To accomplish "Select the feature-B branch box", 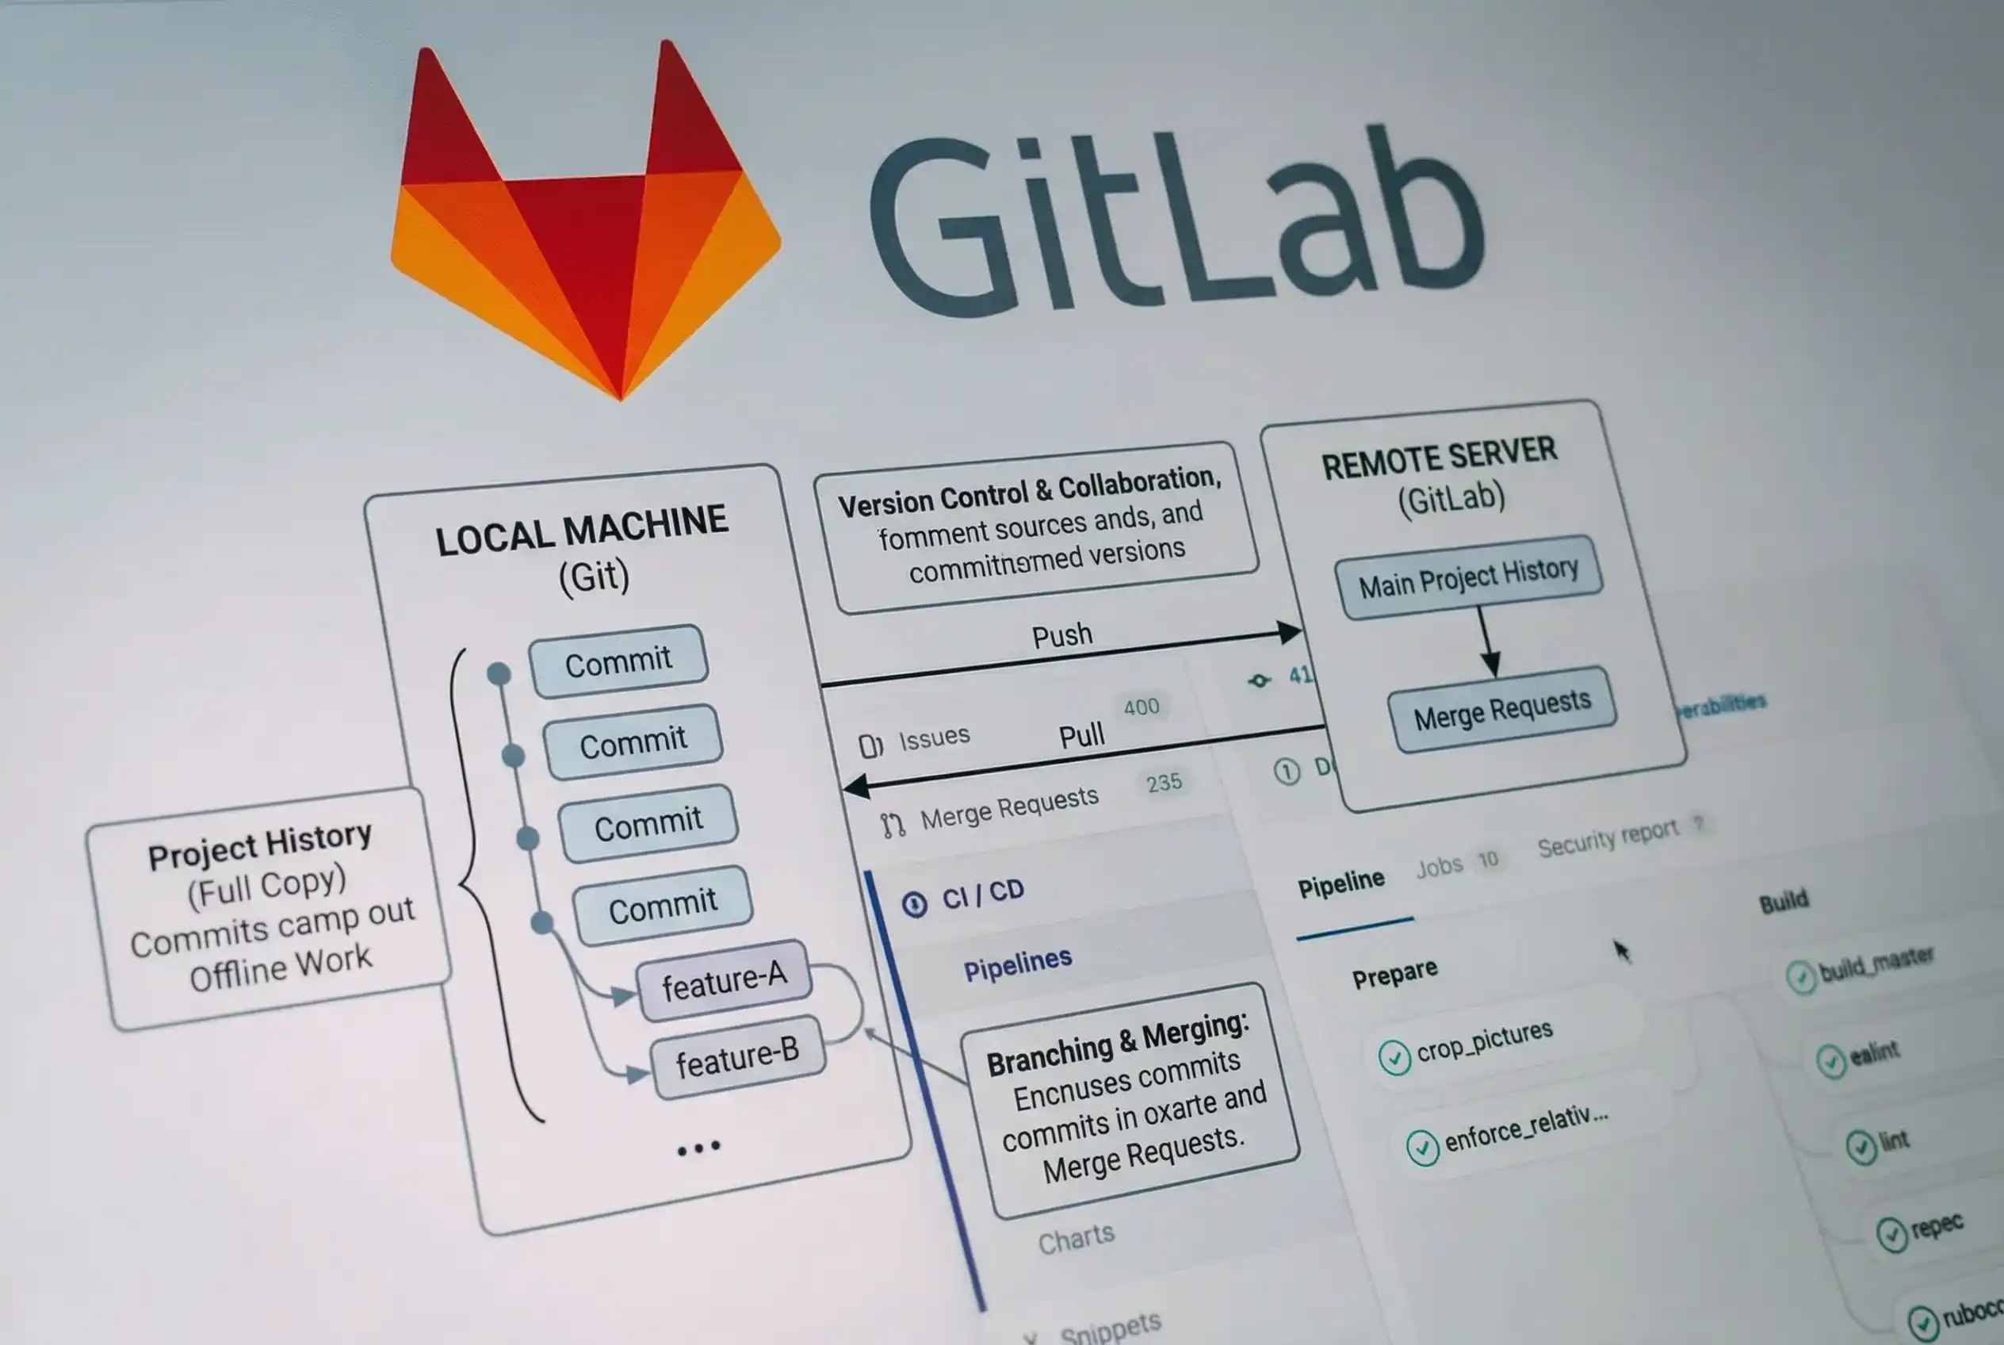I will pos(737,1058).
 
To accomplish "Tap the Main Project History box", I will pos(1468,577).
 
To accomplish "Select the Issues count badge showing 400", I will pos(1142,707).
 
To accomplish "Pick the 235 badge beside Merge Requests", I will pos(1164,782).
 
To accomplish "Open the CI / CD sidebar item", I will pos(983,895).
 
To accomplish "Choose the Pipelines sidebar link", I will pos(1018,964).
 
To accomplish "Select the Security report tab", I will pos(1607,838).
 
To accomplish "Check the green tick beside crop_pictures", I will pos(1394,1057).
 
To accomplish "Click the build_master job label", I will pos(1876,964).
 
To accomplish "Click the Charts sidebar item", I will pos(1077,1238).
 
